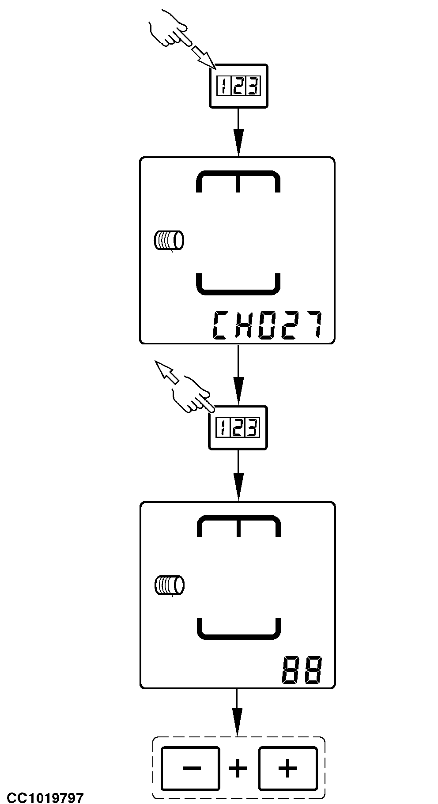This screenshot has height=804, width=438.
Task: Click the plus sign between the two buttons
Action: tap(238, 768)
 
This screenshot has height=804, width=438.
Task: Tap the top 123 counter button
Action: tap(238, 86)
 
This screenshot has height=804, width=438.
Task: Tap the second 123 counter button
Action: tap(238, 428)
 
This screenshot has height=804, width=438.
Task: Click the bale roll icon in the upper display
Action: tap(169, 241)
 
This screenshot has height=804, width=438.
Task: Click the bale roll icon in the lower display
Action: tap(169, 586)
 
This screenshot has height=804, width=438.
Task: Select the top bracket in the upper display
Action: tap(238, 181)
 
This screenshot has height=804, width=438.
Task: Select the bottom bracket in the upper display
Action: tap(238, 284)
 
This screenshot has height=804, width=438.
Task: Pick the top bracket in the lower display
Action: tap(238, 526)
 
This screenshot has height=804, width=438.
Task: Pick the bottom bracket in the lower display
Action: tap(238, 629)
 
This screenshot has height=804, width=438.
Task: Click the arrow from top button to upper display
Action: tap(238, 132)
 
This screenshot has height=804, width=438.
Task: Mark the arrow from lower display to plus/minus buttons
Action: tap(238, 713)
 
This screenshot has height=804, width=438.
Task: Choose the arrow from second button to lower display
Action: tap(238, 476)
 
